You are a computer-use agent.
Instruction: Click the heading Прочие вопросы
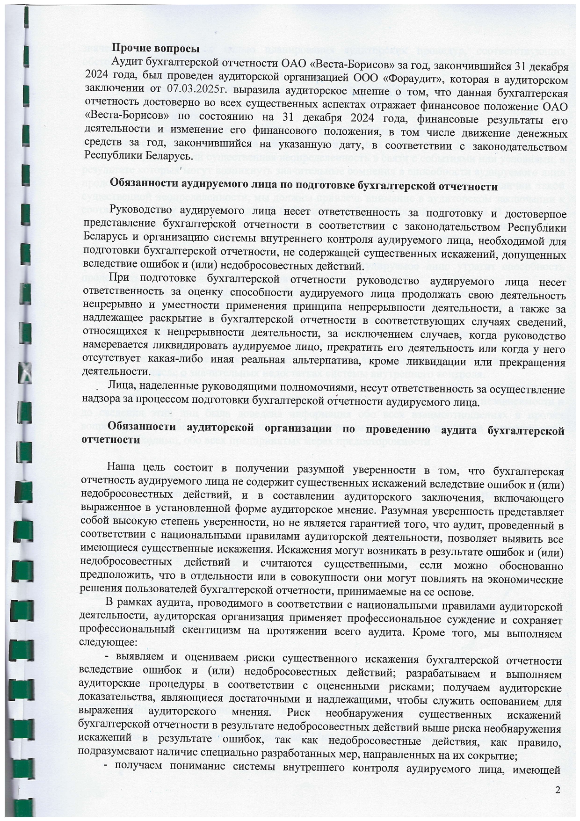coord(156,48)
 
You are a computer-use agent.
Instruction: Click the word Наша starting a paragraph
coord(121,468)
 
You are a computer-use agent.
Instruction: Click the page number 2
coord(556,790)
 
